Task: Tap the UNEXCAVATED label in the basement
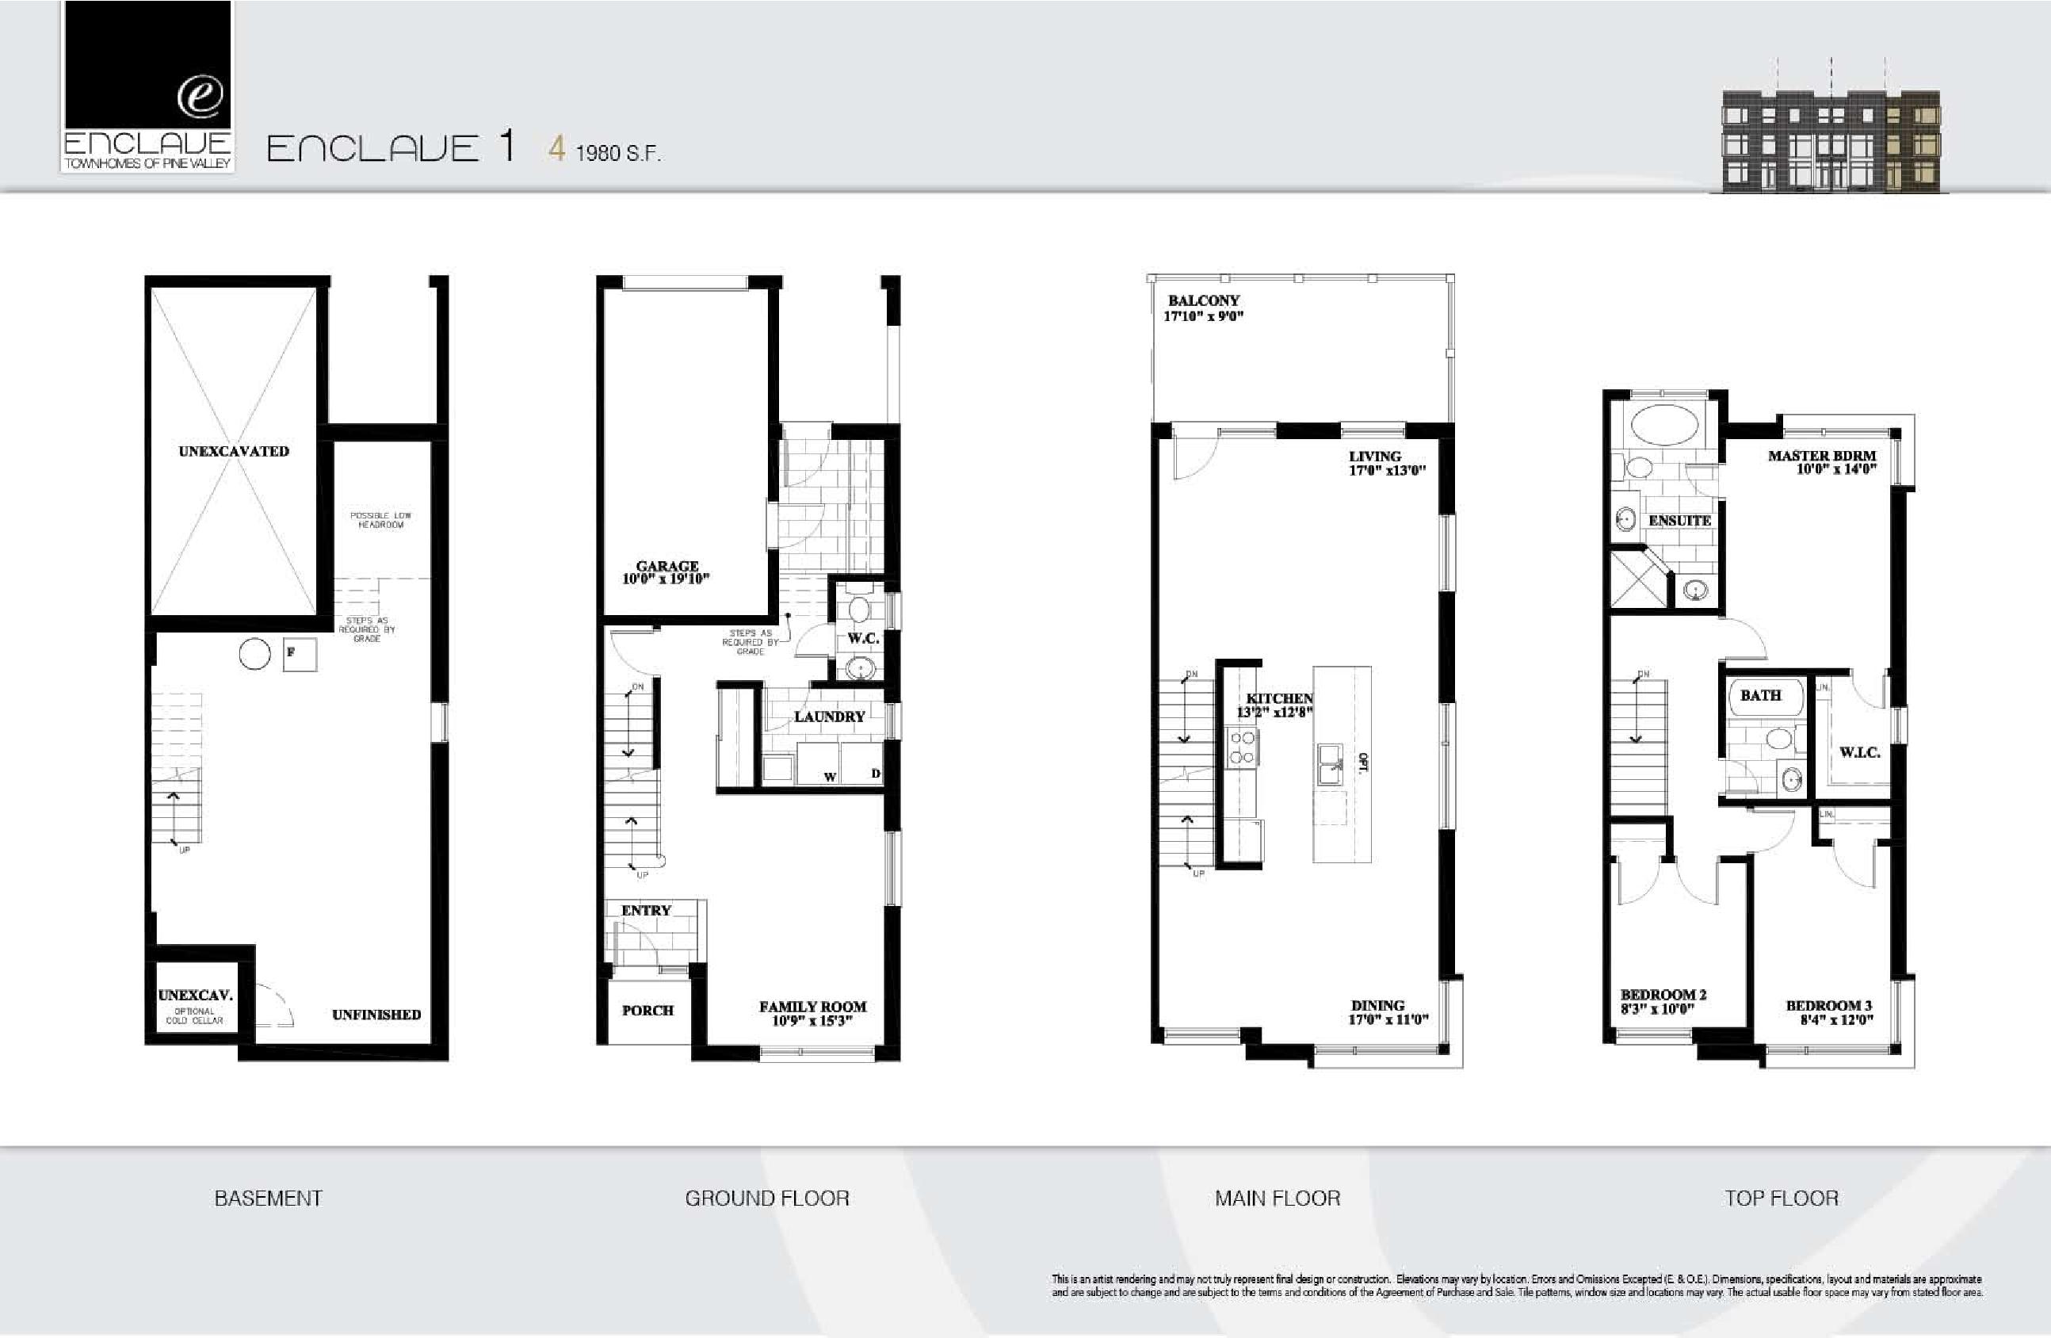[x=234, y=451]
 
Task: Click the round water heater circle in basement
[x=255, y=653]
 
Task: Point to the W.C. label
[x=862, y=638]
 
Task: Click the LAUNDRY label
[x=829, y=717]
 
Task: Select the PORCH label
[x=647, y=1010]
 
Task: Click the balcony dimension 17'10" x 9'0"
[x=1203, y=316]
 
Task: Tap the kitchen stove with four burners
[x=1242, y=747]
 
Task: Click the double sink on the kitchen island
[x=1331, y=764]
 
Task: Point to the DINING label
[x=1377, y=1005]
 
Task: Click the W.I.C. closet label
[x=1859, y=751]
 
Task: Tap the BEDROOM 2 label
[x=1663, y=994]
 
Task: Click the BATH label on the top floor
[x=1759, y=695]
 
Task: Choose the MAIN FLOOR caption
[x=1278, y=1198]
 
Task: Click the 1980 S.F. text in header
[x=617, y=154]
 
